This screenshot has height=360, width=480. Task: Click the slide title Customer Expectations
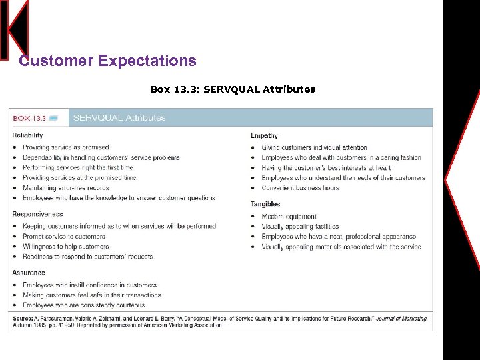(107, 61)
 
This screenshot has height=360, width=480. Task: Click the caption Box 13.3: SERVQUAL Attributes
(233, 89)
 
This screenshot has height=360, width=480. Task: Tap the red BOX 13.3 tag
(30, 118)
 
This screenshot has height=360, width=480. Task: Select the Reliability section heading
(28, 136)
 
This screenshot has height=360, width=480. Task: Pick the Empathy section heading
(264, 136)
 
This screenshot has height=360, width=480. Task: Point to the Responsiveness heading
(37, 215)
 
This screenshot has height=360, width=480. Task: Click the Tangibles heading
(265, 204)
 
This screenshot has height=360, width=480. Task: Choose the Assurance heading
(29, 273)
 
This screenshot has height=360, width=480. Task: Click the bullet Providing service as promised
(65, 147)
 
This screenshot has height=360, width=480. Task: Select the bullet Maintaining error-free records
(65, 188)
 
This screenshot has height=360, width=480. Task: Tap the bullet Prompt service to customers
(64, 237)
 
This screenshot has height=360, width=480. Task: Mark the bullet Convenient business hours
(300, 188)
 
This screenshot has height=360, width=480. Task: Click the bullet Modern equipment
(289, 217)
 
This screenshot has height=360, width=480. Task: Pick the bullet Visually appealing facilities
(300, 227)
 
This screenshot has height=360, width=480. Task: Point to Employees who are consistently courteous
(83, 305)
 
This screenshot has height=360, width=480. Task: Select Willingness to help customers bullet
(65, 247)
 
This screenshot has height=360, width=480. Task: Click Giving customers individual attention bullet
(314, 147)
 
